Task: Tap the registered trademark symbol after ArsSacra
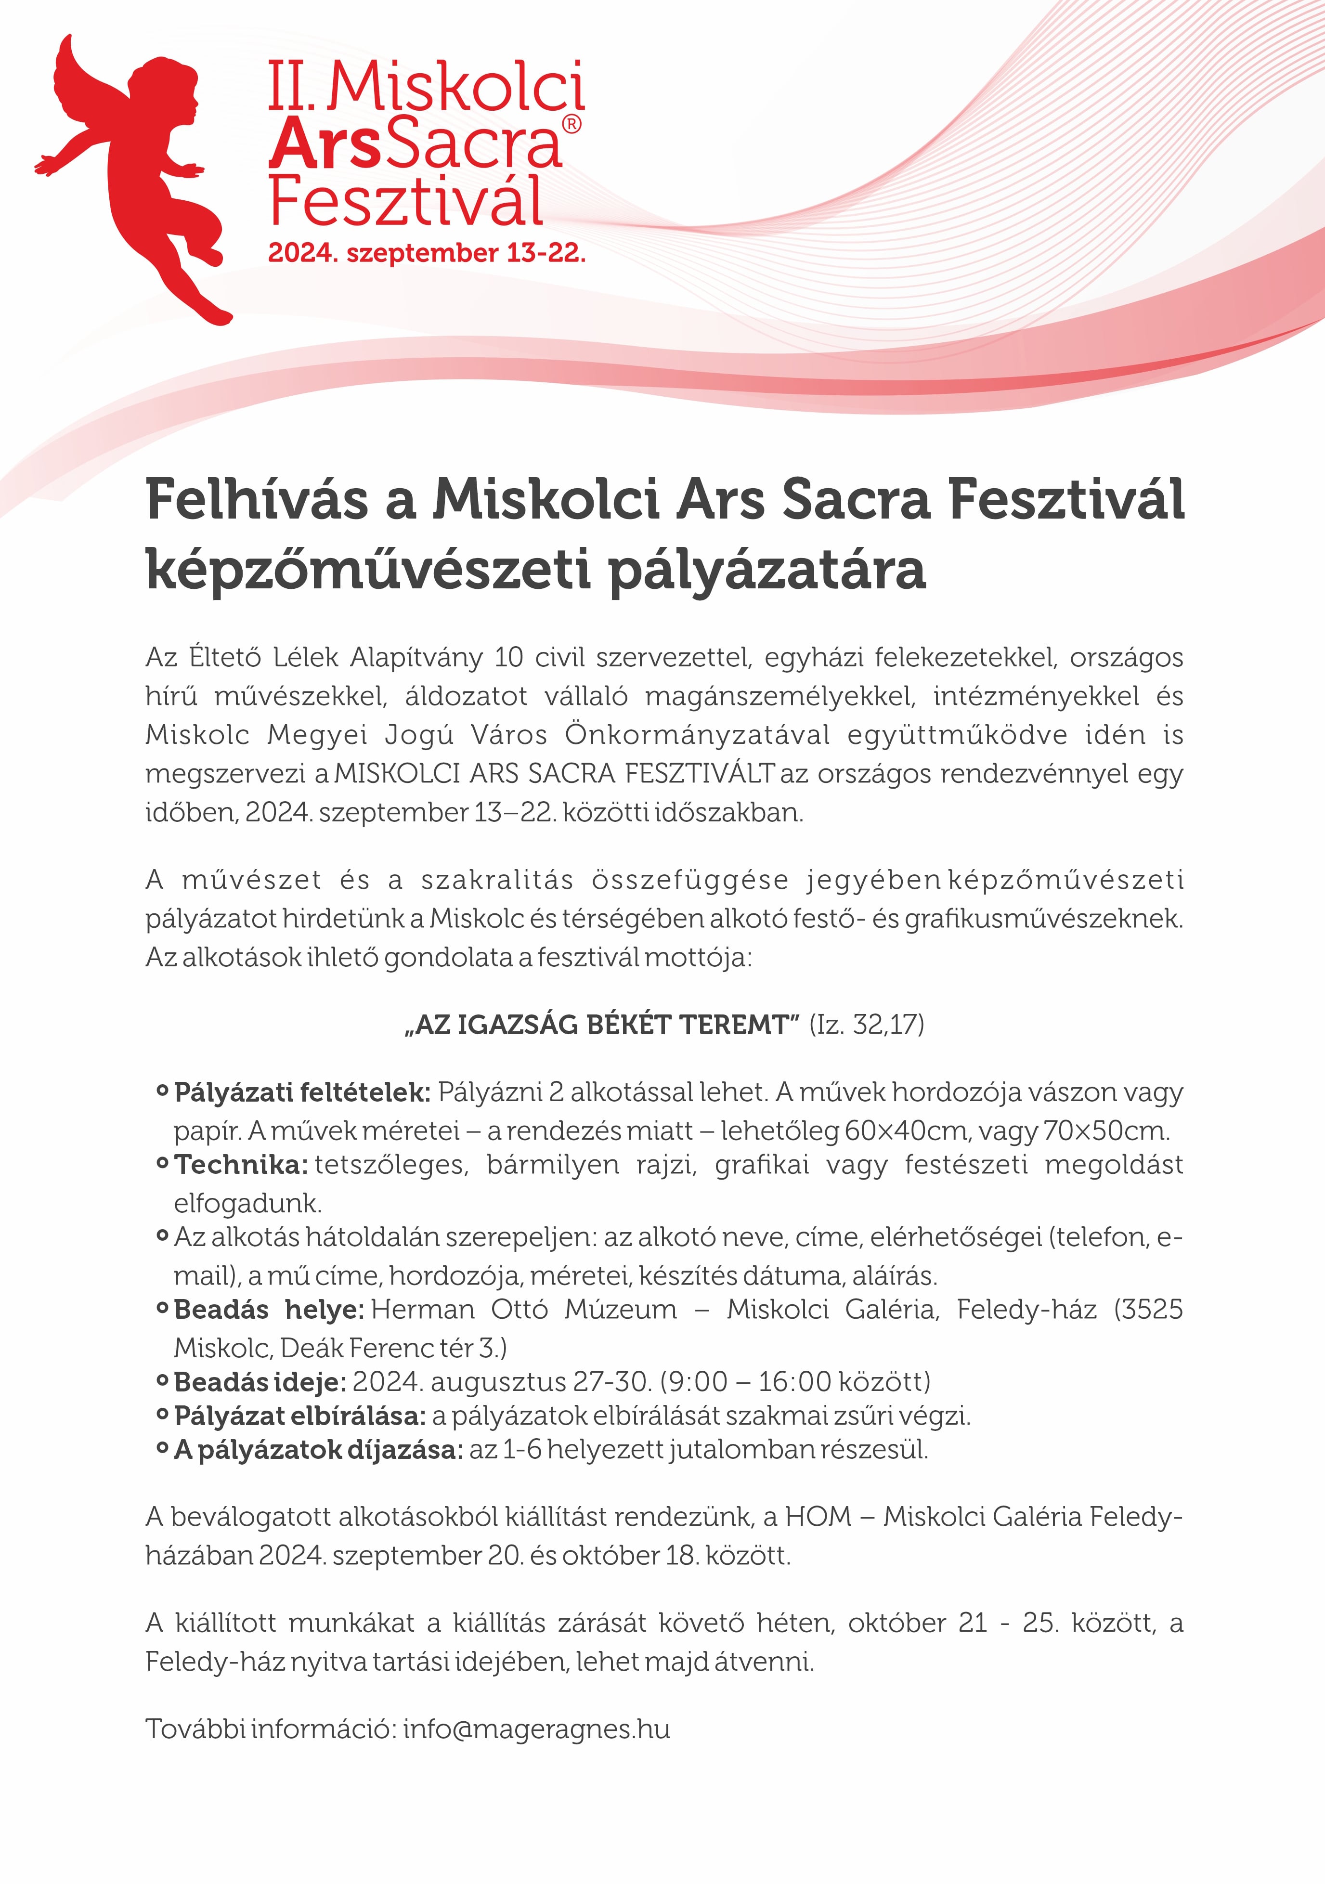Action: click(572, 124)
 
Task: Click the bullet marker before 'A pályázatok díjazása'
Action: click(162, 1450)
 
